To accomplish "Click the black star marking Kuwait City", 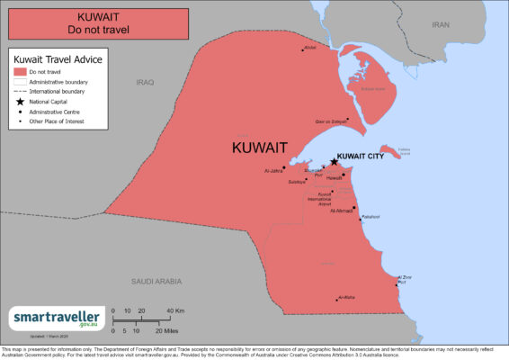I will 334,162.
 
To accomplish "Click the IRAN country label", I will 441,25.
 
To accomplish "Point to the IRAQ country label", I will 145,82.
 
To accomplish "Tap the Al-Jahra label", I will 273,170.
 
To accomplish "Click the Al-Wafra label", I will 345,297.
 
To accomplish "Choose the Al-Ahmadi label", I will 343,211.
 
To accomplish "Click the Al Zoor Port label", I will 405,279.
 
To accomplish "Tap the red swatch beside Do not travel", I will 19,71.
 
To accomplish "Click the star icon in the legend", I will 19,102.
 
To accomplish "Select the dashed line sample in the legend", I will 19,92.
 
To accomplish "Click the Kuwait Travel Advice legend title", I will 58,58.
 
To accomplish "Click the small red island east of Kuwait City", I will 391,150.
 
